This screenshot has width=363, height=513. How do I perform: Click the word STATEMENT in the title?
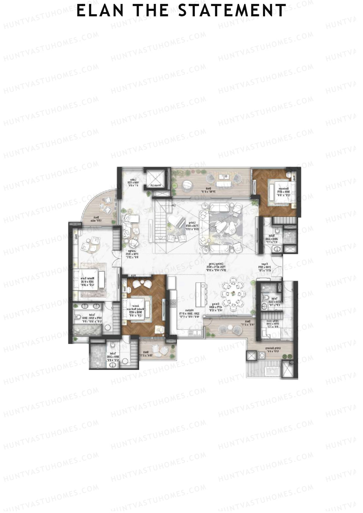232,11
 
